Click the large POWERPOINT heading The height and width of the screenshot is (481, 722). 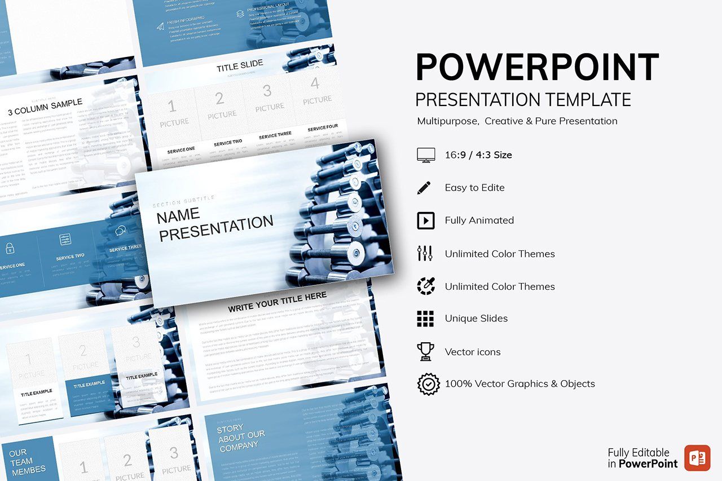pyautogui.click(x=537, y=67)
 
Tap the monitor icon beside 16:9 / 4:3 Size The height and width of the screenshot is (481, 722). pyautogui.click(x=425, y=155)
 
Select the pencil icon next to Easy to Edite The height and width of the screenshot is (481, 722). pyautogui.click(x=424, y=188)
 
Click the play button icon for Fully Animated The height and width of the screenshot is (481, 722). pyautogui.click(x=425, y=220)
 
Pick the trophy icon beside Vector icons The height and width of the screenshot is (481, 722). pyautogui.click(x=425, y=351)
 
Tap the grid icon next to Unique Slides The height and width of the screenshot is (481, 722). pyautogui.click(x=425, y=319)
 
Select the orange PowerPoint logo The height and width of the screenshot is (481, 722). pyautogui.click(x=697, y=457)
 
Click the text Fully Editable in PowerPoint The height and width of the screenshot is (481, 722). pyautogui.click(x=642, y=458)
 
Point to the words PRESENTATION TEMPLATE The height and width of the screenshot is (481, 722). pyautogui.click(x=523, y=100)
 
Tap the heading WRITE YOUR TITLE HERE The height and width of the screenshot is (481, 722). pyautogui.click(x=277, y=302)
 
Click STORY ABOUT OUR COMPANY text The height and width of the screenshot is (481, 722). pyautogui.click(x=241, y=437)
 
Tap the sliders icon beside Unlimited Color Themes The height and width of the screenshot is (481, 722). pyautogui.click(x=425, y=253)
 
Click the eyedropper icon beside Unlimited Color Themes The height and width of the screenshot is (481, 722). pyautogui.click(x=425, y=286)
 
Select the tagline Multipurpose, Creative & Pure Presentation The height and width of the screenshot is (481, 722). pyautogui.click(x=517, y=121)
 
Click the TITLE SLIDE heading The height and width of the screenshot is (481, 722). pyautogui.click(x=240, y=66)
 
